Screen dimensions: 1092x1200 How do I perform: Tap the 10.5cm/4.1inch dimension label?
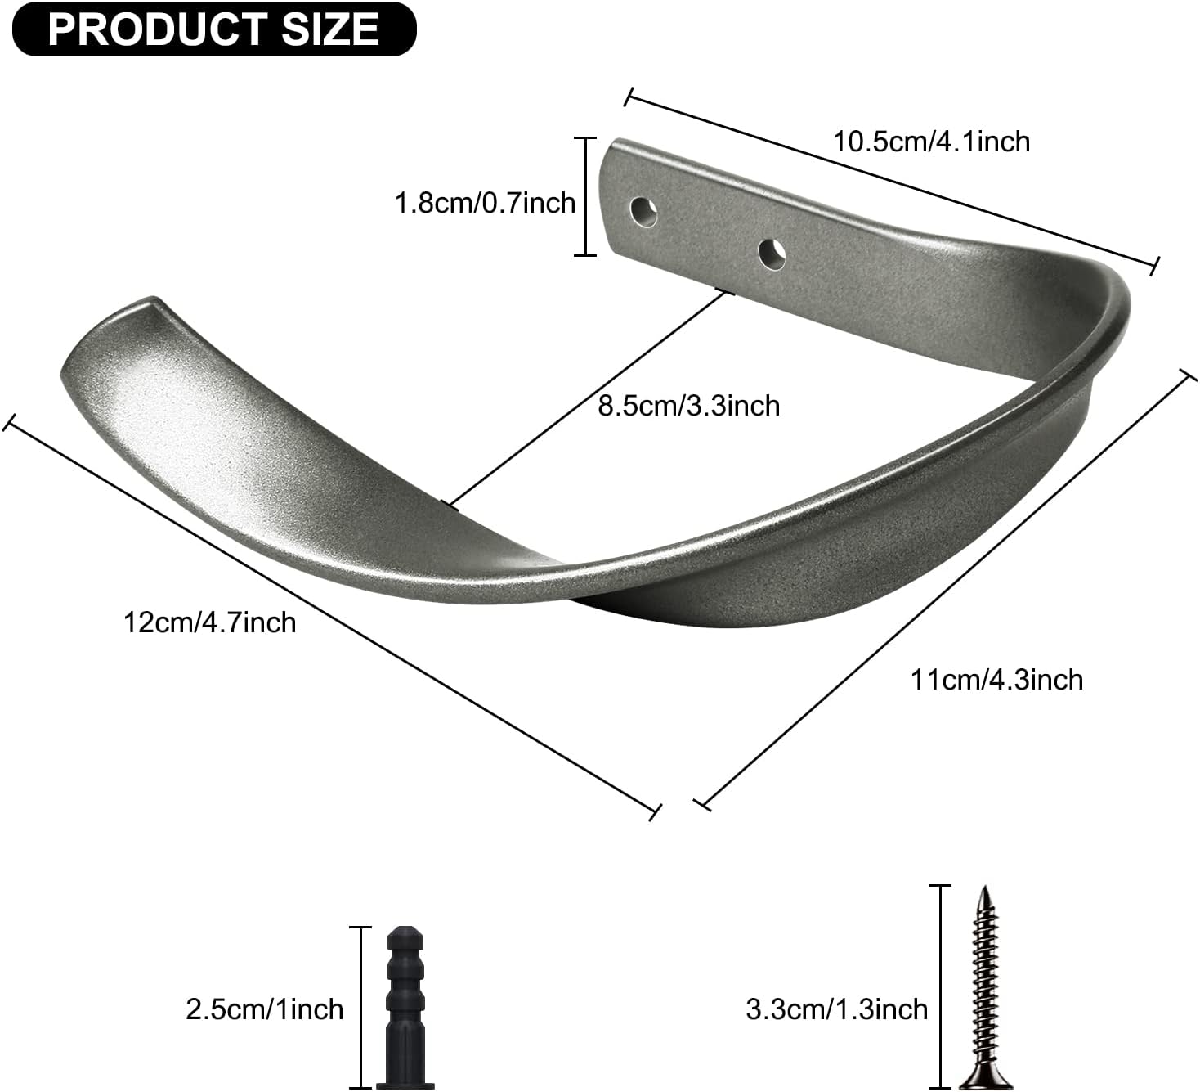(x=931, y=142)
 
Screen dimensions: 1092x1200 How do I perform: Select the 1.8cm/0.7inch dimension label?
(x=486, y=202)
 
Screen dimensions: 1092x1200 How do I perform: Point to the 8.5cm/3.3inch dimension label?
(x=688, y=405)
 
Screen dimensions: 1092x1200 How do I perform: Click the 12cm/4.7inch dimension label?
(x=209, y=622)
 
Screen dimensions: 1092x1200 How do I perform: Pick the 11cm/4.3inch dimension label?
(x=996, y=679)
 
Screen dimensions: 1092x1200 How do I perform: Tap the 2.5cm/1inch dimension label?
(x=264, y=1009)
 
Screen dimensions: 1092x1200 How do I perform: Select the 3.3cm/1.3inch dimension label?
(x=836, y=1009)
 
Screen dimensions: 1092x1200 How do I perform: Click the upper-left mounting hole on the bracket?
(x=644, y=211)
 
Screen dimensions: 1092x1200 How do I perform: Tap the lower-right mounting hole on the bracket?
(x=772, y=254)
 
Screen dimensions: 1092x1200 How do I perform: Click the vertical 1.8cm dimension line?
(x=585, y=197)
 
